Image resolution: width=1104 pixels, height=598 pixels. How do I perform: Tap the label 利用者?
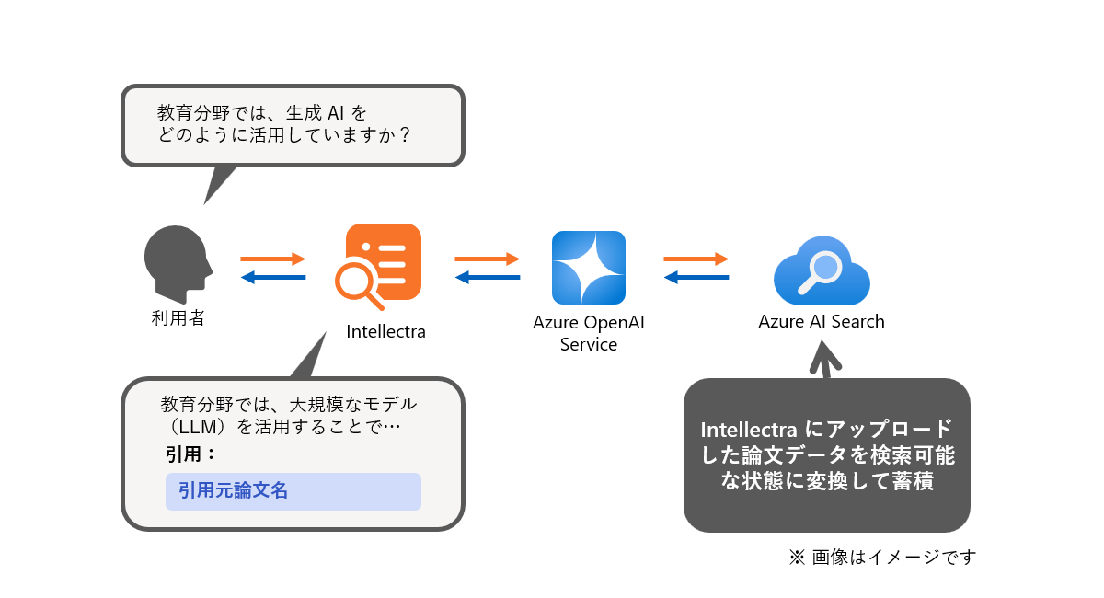click(x=178, y=319)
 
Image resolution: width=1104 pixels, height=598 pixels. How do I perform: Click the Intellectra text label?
click(x=385, y=332)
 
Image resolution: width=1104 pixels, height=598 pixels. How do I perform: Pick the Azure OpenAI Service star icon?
click(x=589, y=267)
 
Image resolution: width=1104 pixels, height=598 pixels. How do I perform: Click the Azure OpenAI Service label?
click(x=589, y=333)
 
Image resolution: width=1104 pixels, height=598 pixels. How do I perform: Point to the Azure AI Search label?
click(x=822, y=322)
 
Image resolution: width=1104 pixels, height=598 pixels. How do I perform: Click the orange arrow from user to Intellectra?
click(x=272, y=259)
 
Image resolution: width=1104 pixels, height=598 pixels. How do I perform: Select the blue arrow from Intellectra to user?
click(x=272, y=277)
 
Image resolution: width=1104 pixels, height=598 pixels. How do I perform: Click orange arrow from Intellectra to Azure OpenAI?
click(x=487, y=259)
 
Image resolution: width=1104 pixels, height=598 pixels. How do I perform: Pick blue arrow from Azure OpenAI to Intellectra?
click(x=487, y=277)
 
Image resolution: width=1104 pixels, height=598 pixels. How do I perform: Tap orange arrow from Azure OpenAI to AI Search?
click(x=696, y=259)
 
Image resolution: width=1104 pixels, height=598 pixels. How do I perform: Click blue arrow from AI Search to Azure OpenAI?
click(x=696, y=277)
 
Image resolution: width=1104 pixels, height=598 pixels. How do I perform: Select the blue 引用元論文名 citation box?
click(x=293, y=491)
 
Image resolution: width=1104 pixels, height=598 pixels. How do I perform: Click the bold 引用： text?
click(x=190, y=454)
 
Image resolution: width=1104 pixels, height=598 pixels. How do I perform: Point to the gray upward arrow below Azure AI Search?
click(x=824, y=359)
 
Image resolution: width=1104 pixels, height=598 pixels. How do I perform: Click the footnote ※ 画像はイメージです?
click(x=882, y=557)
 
